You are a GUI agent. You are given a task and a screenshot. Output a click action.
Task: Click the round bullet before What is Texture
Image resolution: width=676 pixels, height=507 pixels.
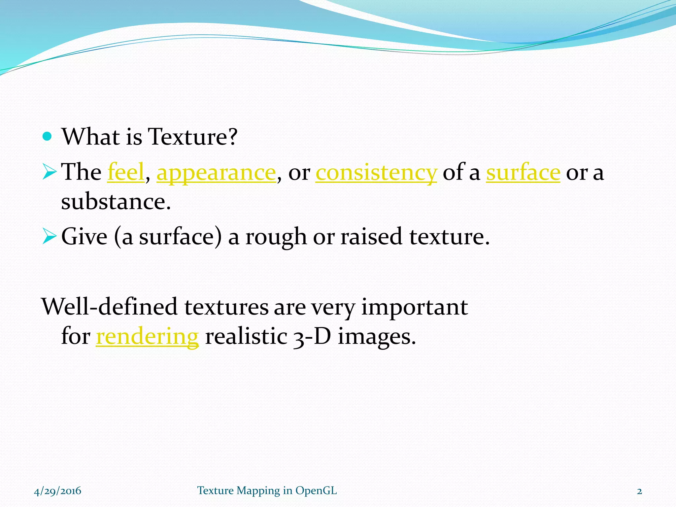pyautogui.click(x=48, y=136)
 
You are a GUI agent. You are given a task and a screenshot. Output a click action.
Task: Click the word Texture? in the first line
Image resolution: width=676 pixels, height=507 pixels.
pyautogui.click(x=192, y=137)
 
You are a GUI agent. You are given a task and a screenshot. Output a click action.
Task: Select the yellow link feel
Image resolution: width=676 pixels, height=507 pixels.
pyautogui.click(x=126, y=172)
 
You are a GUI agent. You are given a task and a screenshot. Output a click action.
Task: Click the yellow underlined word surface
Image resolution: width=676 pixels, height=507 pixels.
pyautogui.click(x=523, y=172)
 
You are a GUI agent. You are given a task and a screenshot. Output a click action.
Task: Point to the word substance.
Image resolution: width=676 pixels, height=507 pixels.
pyautogui.click(x=116, y=201)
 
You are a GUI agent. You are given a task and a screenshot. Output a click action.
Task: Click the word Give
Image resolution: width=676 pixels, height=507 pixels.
pyautogui.click(x=84, y=237)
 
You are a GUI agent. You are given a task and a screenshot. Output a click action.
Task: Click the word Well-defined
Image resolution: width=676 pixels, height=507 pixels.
pyautogui.click(x=110, y=307)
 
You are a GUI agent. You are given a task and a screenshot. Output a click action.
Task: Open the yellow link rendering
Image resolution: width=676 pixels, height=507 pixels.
pyautogui.click(x=147, y=337)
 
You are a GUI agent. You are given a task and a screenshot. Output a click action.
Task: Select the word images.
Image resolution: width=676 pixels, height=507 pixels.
pyautogui.click(x=377, y=337)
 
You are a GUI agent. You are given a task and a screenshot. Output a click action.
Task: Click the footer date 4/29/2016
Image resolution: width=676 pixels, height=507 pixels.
pyautogui.click(x=57, y=491)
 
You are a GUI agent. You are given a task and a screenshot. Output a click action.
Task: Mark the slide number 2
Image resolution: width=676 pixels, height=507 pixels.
pyautogui.click(x=639, y=491)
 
